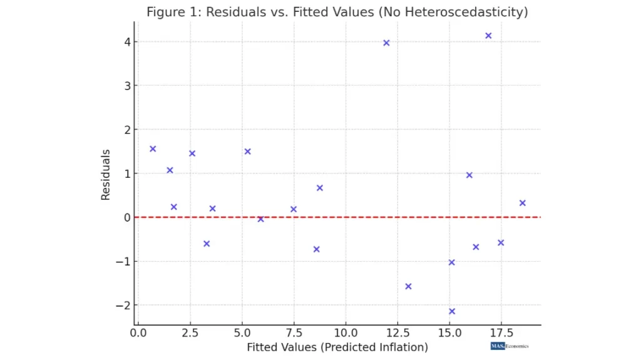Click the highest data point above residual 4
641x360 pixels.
coord(488,36)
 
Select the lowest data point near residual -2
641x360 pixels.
coord(452,311)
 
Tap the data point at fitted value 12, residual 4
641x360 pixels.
coord(386,43)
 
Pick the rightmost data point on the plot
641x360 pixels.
coord(522,203)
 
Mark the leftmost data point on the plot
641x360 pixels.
coord(153,149)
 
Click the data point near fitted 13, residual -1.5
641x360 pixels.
coord(408,286)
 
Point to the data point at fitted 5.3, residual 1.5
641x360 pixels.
coord(247,152)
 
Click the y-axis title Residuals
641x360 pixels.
coord(106,174)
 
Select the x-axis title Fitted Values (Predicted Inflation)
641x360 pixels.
coord(337,347)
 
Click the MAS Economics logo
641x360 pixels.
coord(510,346)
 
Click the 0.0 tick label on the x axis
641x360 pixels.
coord(138,332)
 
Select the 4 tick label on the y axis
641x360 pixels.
coord(126,42)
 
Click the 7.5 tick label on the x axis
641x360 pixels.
coord(293,332)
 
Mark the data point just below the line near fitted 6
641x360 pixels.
coord(260,219)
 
